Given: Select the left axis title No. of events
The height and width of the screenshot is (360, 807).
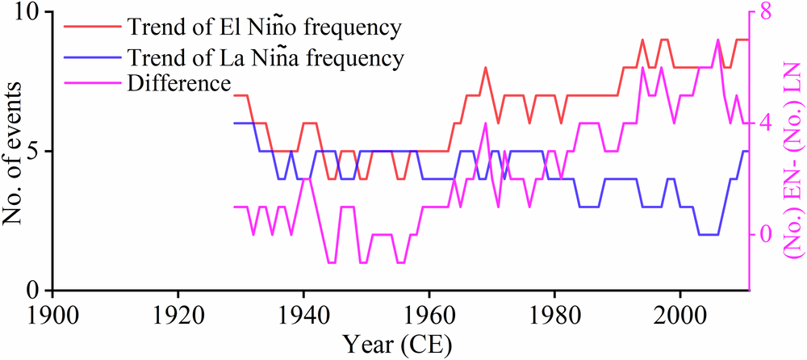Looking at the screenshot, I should pos(13,151).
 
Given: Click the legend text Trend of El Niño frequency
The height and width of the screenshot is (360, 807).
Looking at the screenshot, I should pos(263,27).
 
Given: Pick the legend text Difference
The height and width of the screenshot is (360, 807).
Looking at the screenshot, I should pos(178,83).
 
